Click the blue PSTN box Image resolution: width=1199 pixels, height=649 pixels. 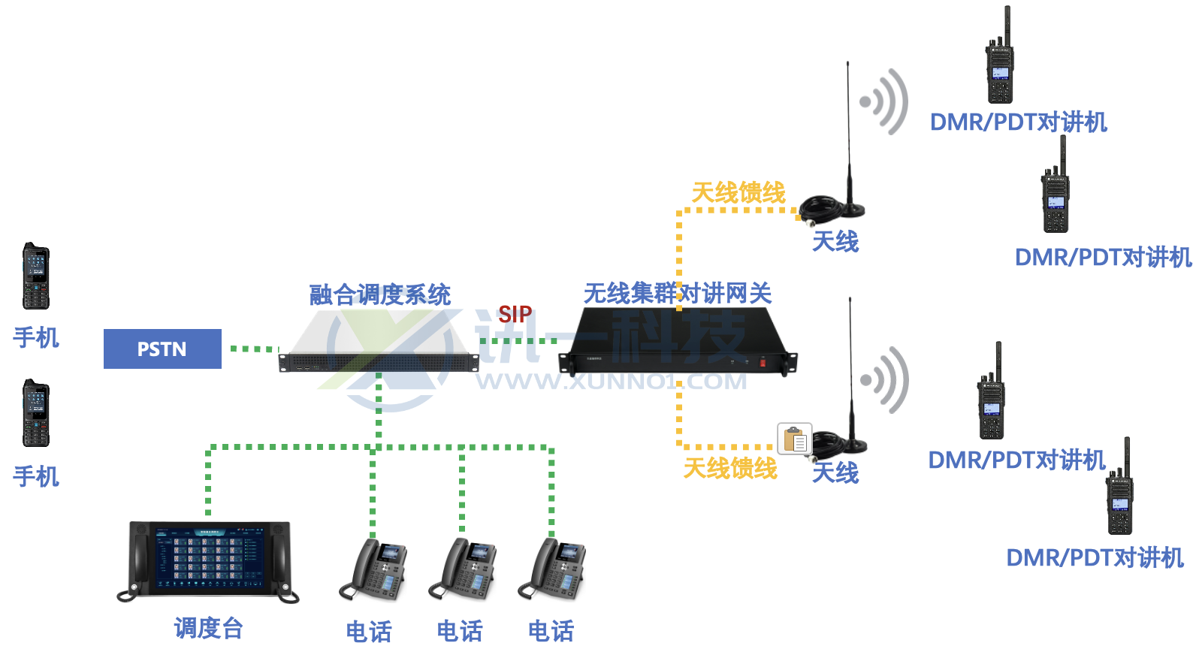[162, 349]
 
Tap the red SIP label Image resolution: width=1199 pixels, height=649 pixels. [515, 314]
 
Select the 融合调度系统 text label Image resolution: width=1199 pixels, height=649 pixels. [380, 294]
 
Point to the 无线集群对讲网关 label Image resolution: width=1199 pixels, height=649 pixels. [678, 293]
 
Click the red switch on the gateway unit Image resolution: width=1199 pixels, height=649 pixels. [763, 363]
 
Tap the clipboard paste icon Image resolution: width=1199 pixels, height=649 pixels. [795, 439]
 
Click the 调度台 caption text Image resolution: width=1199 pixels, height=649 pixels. [208, 628]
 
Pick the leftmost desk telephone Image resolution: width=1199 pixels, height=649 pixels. [373, 570]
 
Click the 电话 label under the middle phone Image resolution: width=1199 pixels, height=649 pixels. [460, 631]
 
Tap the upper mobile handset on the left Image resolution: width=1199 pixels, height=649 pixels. [35, 276]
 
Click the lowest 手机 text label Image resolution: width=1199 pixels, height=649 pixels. [36, 476]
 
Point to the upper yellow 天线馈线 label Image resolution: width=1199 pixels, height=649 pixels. [738, 192]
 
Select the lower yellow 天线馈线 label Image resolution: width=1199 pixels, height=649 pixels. [729, 468]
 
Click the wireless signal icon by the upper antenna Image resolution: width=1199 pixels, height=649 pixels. [885, 102]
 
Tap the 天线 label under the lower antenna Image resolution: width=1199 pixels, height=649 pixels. [835, 472]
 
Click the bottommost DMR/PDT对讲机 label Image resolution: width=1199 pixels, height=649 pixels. [1095, 557]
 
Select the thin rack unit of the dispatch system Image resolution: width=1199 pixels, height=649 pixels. [379, 362]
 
